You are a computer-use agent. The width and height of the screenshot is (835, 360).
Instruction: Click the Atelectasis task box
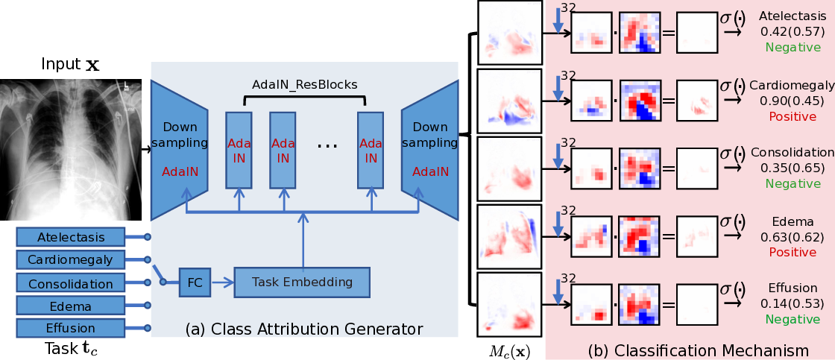click(71, 237)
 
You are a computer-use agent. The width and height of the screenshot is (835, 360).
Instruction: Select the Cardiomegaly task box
click(71, 260)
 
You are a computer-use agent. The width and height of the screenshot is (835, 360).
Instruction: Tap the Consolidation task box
click(71, 283)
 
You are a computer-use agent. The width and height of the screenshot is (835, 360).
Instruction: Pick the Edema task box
click(71, 306)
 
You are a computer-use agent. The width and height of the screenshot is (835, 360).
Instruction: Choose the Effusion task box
click(71, 328)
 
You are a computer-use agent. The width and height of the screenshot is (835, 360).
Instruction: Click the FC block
click(195, 282)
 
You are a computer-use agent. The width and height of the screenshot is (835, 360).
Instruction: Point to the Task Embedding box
click(302, 282)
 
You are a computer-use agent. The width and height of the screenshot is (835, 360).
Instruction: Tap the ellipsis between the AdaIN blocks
click(327, 145)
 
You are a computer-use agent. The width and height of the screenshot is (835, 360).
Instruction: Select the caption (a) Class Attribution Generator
click(304, 329)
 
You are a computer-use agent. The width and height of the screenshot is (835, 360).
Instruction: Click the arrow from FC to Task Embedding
click(222, 282)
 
